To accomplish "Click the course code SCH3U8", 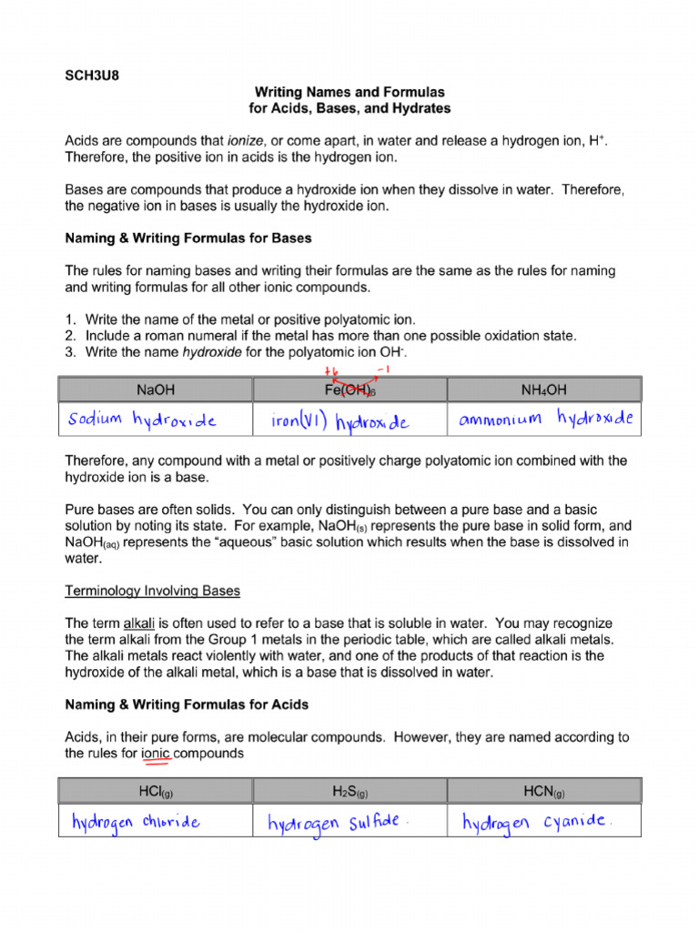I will point(92,76).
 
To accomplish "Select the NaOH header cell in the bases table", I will point(156,390).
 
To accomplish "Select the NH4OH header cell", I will point(544,390).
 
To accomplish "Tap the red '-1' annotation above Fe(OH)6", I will point(383,370).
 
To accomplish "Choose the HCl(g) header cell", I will point(156,790).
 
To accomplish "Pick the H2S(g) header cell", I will point(350,790).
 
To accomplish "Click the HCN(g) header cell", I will point(544,790).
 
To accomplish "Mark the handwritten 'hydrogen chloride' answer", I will point(137,822).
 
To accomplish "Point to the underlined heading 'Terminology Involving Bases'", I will point(153,591).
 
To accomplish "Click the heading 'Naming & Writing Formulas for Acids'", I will point(187,704).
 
